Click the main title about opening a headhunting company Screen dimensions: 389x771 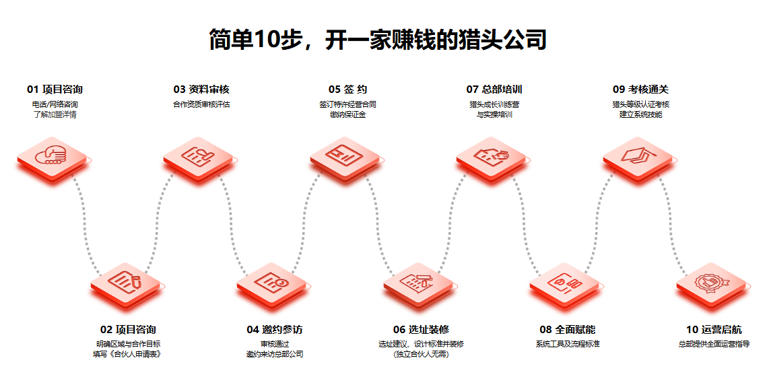pyautogui.click(x=377, y=40)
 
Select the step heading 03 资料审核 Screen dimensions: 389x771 pyautogui.click(x=201, y=90)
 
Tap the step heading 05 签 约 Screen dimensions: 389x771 pyautogui.click(x=347, y=90)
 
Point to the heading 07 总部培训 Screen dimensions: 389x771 pyautogui.click(x=494, y=90)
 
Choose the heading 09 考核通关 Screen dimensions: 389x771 pyautogui.click(x=640, y=90)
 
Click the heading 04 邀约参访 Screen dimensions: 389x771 pyautogui.click(x=274, y=330)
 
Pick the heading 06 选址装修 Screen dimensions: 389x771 pyautogui.click(x=421, y=330)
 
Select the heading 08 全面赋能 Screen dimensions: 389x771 pyautogui.click(x=567, y=330)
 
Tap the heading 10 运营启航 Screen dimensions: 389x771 pyautogui.click(x=714, y=330)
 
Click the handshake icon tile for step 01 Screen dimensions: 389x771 pyautogui.click(x=53, y=157)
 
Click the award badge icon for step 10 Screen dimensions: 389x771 pyautogui.click(x=712, y=283)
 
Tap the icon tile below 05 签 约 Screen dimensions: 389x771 pyautogui.click(x=346, y=157)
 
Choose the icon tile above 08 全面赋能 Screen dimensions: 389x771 pyautogui.click(x=566, y=283)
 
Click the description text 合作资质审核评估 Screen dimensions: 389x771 pyautogui.click(x=201, y=104)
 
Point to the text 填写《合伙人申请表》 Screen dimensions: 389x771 pyautogui.click(x=127, y=354)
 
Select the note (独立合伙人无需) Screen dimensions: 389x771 pyautogui.click(x=421, y=354)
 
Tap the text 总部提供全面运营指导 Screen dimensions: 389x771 pyautogui.click(x=714, y=344)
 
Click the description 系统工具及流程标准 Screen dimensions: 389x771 pyautogui.click(x=568, y=344)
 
